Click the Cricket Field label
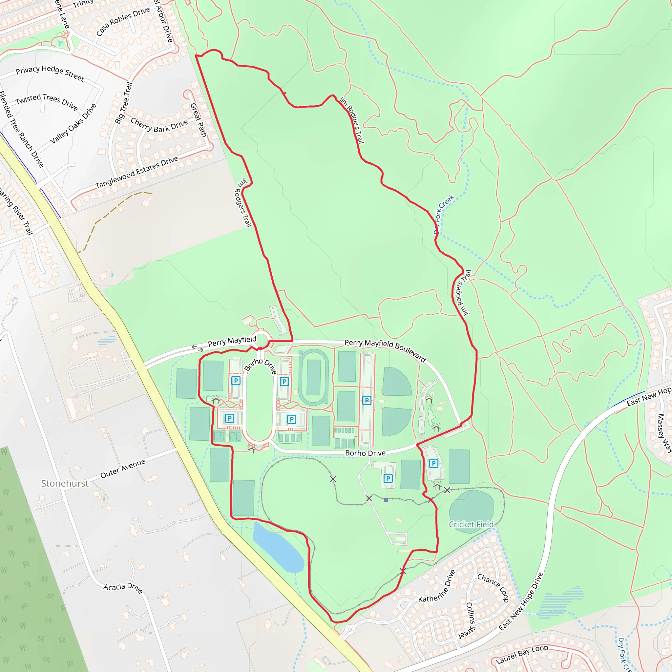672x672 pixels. [x=471, y=524]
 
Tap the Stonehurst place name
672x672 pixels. [x=65, y=483]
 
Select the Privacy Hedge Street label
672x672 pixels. [x=50, y=73]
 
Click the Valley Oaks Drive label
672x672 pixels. [x=73, y=123]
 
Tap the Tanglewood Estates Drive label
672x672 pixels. [x=137, y=172]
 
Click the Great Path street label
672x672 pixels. [x=199, y=120]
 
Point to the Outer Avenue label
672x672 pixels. [x=123, y=468]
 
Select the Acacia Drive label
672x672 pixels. [x=123, y=588]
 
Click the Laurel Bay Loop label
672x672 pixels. [x=522, y=654]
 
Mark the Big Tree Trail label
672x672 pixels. [x=123, y=103]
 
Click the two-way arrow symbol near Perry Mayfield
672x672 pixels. [x=198, y=348]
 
